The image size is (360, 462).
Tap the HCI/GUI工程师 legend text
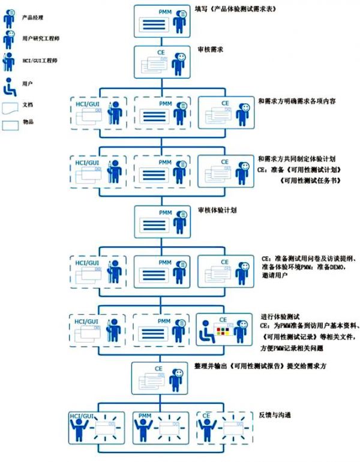tap(38, 61)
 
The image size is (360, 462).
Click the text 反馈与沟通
tap(277, 414)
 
